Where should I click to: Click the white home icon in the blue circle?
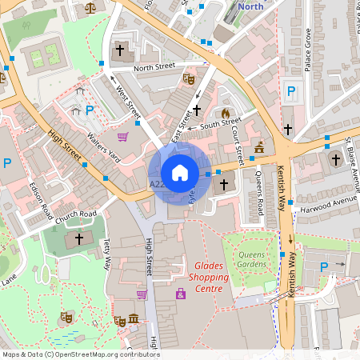(x=180, y=172)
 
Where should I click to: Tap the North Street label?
(x=154, y=68)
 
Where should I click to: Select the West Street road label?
(x=124, y=102)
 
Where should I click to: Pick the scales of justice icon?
(x=89, y=6)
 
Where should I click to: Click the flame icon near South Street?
(x=226, y=114)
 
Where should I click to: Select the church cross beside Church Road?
(x=78, y=238)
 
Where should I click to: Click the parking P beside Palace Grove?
(x=291, y=91)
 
